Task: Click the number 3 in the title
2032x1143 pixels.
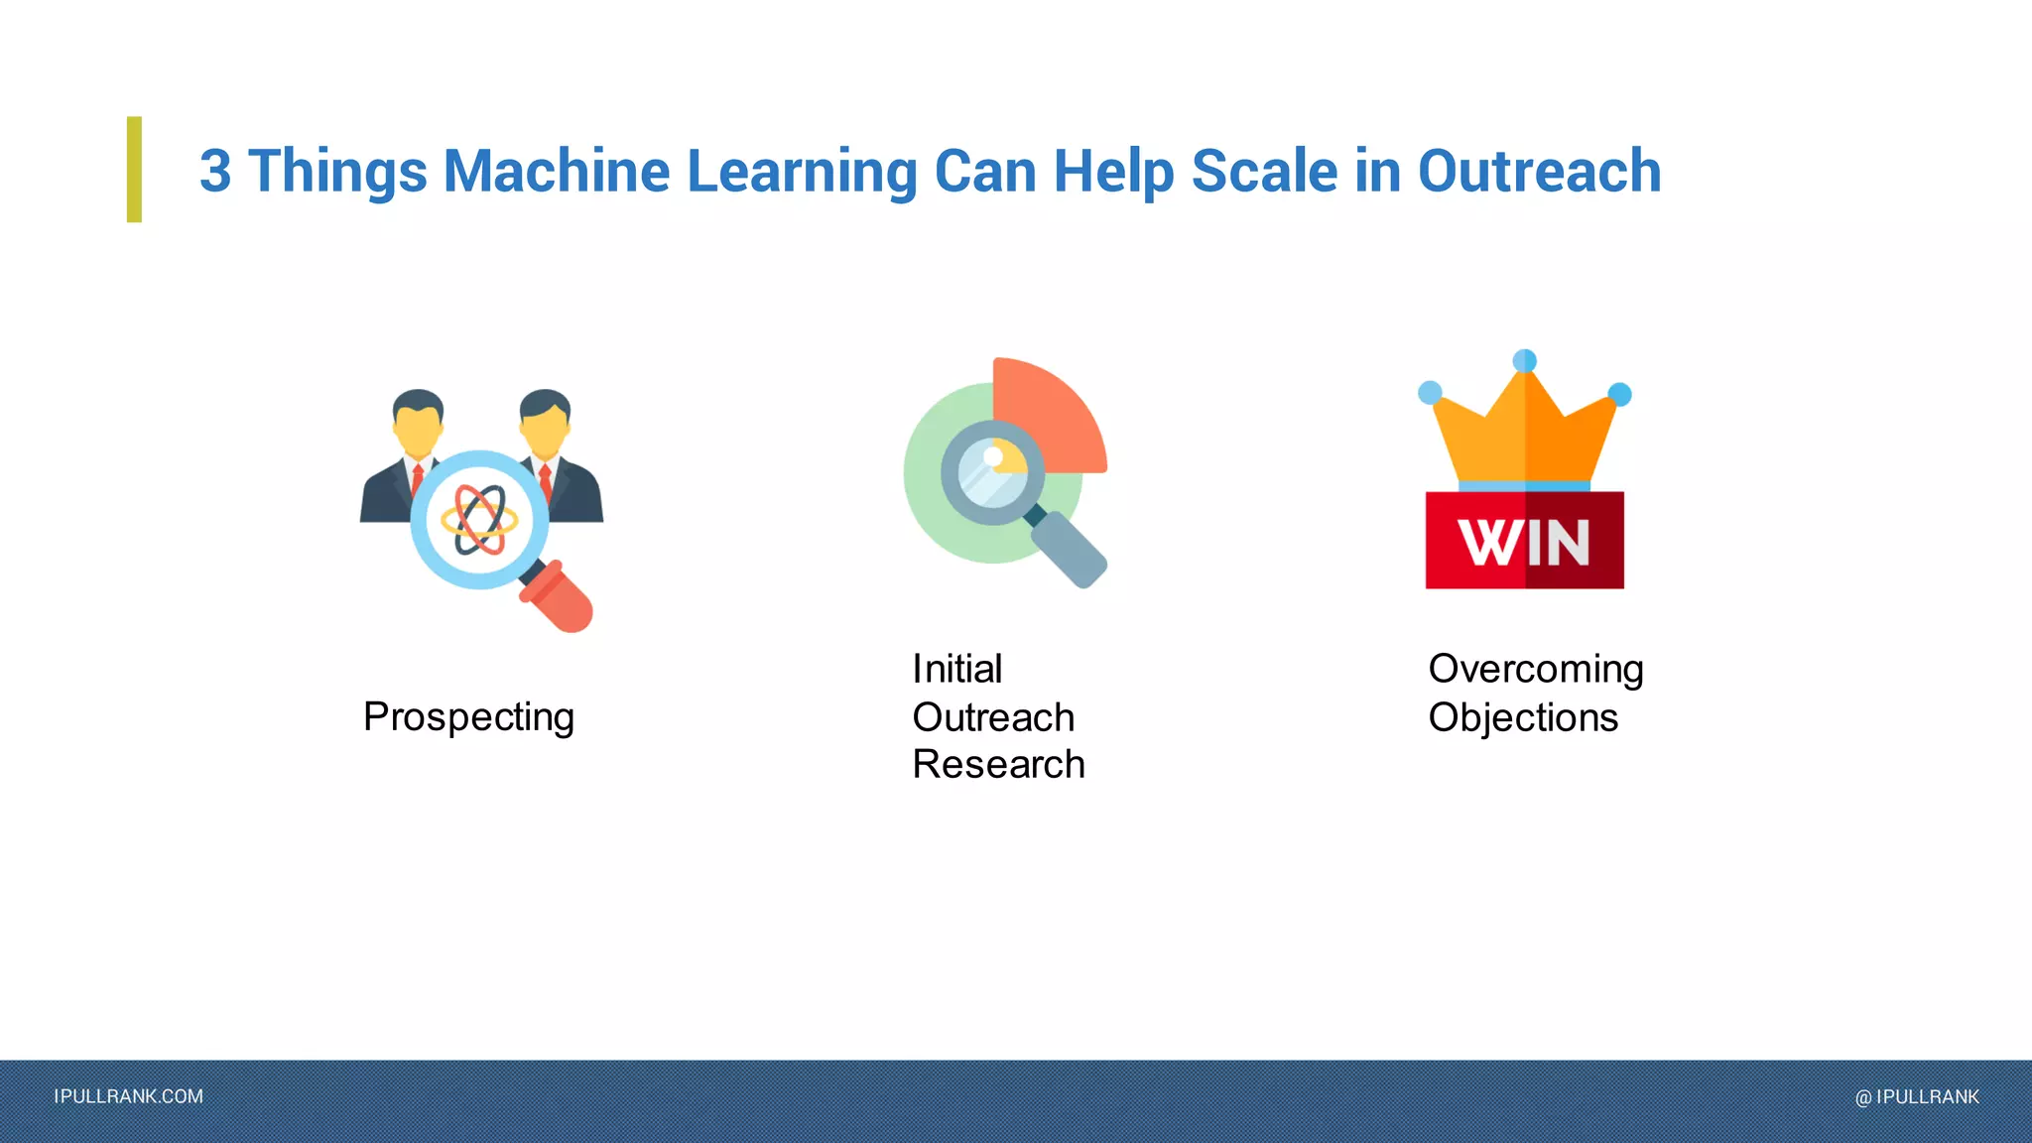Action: (x=215, y=171)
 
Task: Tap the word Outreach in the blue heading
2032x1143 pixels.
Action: (x=1539, y=171)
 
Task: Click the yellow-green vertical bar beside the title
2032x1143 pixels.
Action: (x=134, y=169)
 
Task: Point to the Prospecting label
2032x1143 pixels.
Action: (x=468, y=717)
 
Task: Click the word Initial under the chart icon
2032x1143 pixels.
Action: (x=956, y=669)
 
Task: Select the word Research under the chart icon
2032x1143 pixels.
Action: (x=998, y=764)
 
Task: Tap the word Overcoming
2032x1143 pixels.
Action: (x=1535, y=670)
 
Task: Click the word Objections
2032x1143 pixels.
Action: (x=1523, y=717)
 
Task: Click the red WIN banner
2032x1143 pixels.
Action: (x=1524, y=541)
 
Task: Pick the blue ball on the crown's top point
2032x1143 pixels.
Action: (x=1525, y=360)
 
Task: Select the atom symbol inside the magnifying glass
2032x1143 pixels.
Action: (x=479, y=519)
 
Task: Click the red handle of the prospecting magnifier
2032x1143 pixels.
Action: (x=558, y=597)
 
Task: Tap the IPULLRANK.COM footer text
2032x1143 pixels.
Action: (x=128, y=1096)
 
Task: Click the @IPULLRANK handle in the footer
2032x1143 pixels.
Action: (x=1917, y=1096)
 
